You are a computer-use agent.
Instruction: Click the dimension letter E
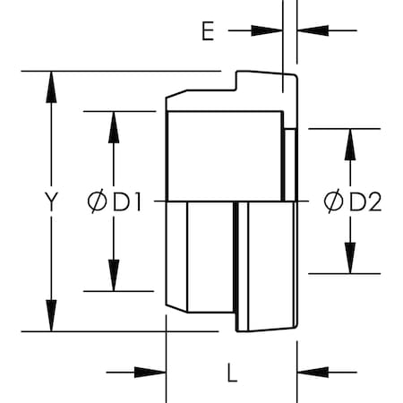pos(208,31)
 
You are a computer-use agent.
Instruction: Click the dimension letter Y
pos(51,201)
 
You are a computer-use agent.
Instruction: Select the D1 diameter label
pos(115,202)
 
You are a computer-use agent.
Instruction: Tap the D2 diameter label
pos(353,201)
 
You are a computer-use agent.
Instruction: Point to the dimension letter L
pos(232,373)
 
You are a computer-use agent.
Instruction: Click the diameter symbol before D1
pos(97,202)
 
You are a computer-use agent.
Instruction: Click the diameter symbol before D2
pos(333,201)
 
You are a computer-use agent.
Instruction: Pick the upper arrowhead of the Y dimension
pos(51,87)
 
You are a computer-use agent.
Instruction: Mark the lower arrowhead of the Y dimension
pos(51,316)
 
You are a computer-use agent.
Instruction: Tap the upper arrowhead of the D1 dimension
pos(114,127)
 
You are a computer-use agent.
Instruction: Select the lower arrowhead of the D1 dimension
pos(114,275)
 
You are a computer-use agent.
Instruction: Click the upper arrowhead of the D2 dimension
pos(350,144)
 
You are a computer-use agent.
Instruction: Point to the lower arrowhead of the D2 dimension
pos(350,258)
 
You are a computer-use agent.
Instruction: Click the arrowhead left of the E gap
pos(267,30)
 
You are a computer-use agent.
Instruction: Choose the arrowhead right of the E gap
pos(313,30)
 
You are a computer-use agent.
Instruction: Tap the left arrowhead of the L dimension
pos(150,373)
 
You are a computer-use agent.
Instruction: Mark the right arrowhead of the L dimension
pos(313,373)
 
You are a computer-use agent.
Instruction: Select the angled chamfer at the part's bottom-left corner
pos(176,309)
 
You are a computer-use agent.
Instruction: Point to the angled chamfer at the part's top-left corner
pos(176,93)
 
